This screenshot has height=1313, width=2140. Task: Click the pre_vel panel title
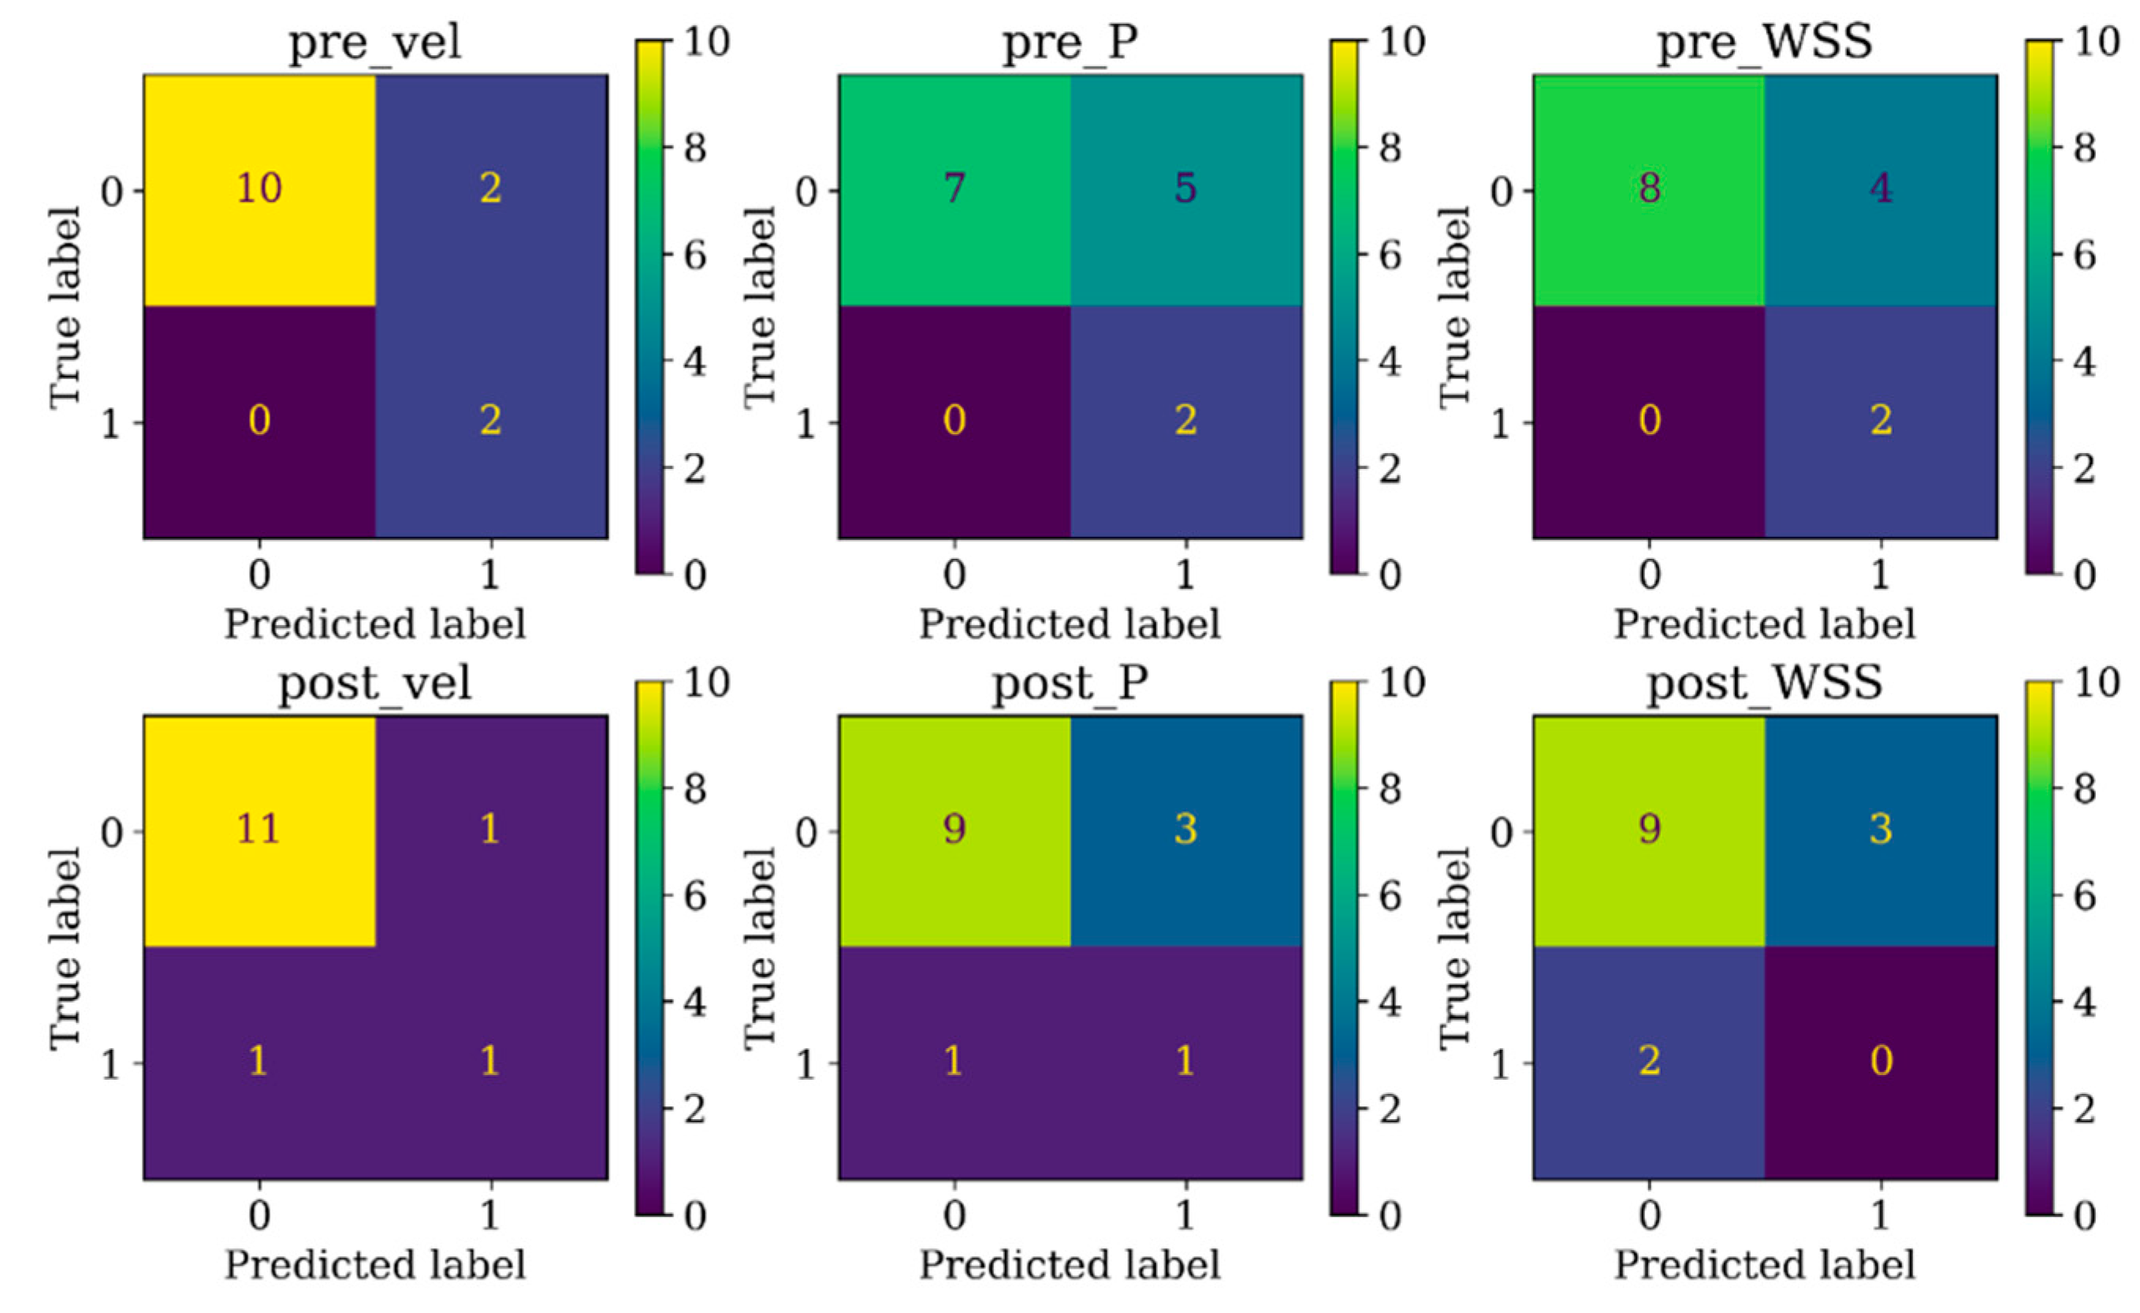click(375, 42)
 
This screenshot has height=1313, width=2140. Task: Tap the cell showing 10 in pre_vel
click(259, 188)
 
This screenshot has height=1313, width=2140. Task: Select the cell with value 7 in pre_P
click(954, 188)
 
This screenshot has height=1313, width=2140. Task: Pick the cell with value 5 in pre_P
click(1185, 188)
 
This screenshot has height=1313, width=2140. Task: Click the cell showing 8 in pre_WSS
click(1648, 188)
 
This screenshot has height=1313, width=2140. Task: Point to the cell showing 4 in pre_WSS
click(1881, 188)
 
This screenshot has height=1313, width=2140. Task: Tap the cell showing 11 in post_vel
click(259, 829)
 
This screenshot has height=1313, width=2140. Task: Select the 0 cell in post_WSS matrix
click(1881, 1061)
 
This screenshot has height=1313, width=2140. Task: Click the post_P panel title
click(1070, 683)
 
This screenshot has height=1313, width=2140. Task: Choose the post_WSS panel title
click(1765, 683)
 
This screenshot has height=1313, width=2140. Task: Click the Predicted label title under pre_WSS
click(1765, 624)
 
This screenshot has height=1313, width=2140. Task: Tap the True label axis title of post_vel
click(65, 948)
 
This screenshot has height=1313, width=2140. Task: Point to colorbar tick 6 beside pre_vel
click(694, 255)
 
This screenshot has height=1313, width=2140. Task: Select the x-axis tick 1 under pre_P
click(1185, 575)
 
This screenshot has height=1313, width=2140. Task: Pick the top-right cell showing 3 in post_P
click(1185, 829)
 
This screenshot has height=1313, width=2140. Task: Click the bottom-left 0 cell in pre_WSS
click(1648, 421)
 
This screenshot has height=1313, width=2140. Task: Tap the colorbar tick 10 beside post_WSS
click(2095, 683)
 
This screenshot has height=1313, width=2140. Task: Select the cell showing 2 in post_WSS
click(1648, 1061)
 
